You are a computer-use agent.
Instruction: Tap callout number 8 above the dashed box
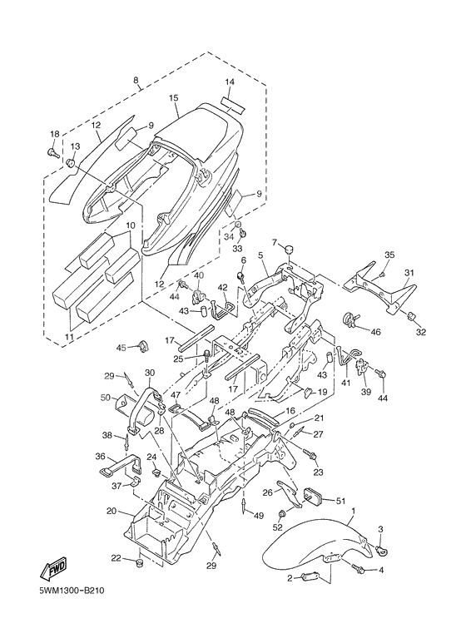pos(136,81)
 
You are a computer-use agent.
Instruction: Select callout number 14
pos(230,82)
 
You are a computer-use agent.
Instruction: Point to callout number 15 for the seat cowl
pos(174,97)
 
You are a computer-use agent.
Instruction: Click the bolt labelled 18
pos(53,153)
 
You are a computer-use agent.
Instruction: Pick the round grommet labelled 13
pos(71,163)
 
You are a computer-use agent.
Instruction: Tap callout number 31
pos(409,273)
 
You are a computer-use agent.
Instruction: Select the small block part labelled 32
pos(411,316)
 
